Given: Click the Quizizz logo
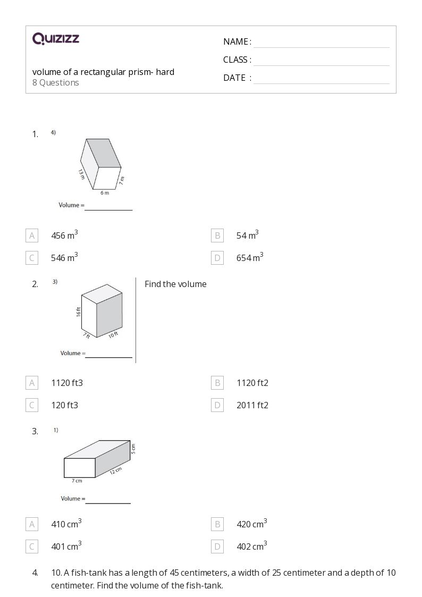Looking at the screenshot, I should [x=56, y=38].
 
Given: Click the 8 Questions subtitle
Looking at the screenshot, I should [x=56, y=82].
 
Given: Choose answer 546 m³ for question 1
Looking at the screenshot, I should [x=64, y=258].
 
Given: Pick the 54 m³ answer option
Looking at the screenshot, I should [x=247, y=236].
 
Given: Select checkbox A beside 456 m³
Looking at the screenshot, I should [x=32, y=236].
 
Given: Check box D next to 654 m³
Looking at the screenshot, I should [x=217, y=258].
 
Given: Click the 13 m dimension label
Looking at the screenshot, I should [x=81, y=174].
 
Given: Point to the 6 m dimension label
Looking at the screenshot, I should [x=105, y=192].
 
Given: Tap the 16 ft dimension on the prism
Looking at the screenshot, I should [x=79, y=312].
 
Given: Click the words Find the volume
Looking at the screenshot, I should [x=175, y=284].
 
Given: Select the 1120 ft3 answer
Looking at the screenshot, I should [x=67, y=383].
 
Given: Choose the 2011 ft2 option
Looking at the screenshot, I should [x=252, y=405].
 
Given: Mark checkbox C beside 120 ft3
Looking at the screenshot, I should [x=32, y=405].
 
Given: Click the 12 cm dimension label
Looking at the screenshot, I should [x=115, y=470].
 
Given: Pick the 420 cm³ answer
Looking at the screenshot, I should [x=251, y=524].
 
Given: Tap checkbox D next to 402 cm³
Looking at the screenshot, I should [x=217, y=546].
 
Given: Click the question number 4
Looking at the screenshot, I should [x=35, y=573].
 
